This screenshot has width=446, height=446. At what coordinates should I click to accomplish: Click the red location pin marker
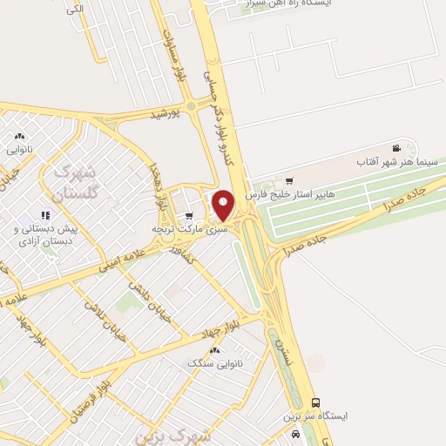click(x=224, y=205)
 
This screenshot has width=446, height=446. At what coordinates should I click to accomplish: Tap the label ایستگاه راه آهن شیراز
click(x=293, y=4)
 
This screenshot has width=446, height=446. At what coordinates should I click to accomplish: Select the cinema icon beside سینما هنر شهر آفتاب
click(x=397, y=148)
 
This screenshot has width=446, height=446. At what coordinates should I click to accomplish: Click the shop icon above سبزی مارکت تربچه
click(x=189, y=215)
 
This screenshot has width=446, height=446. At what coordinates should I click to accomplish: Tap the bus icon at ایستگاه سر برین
click(x=315, y=402)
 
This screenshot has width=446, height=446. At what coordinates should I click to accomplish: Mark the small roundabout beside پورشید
click(x=190, y=106)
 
